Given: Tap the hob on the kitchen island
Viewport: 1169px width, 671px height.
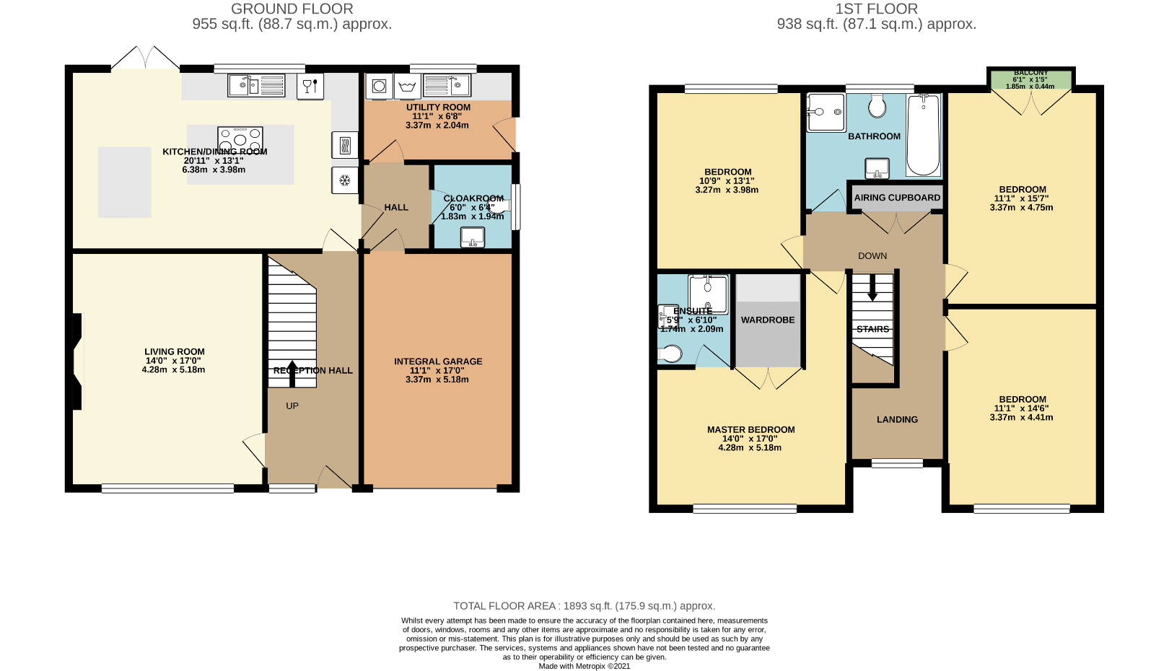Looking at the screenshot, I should pyautogui.click(x=240, y=138).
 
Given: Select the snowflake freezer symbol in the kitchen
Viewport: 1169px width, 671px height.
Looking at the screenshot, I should pyautogui.click(x=345, y=180).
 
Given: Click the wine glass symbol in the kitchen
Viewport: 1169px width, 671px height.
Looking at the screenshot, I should pyautogui.click(x=310, y=87).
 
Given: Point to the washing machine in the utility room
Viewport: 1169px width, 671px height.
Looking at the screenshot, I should pyautogui.click(x=379, y=87).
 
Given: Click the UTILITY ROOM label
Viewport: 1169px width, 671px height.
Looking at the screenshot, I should pyautogui.click(x=438, y=108).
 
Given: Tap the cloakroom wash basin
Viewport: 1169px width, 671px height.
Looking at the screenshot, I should pyautogui.click(x=473, y=237).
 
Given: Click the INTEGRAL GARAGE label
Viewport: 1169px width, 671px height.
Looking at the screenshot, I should pyautogui.click(x=438, y=361).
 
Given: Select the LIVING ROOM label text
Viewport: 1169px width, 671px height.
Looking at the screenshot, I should pyautogui.click(x=175, y=352).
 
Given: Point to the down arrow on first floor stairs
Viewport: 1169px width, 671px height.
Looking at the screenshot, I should pyautogui.click(x=872, y=287).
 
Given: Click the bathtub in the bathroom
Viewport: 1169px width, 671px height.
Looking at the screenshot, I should pyautogui.click(x=923, y=136).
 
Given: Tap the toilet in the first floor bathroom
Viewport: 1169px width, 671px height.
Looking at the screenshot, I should pyautogui.click(x=877, y=106).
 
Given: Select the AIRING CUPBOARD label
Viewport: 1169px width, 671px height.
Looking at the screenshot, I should pyautogui.click(x=897, y=198).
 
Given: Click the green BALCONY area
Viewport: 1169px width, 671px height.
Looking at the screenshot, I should pyautogui.click(x=1030, y=79).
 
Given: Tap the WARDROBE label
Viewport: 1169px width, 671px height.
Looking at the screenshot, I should pyautogui.click(x=768, y=320).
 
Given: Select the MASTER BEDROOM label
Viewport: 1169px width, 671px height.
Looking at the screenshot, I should pyautogui.click(x=750, y=429).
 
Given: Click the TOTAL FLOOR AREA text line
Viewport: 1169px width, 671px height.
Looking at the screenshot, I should pyautogui.click(x=584, y=606).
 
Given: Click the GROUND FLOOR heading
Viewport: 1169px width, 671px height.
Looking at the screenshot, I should pyautogui.click(x=292, y=9).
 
